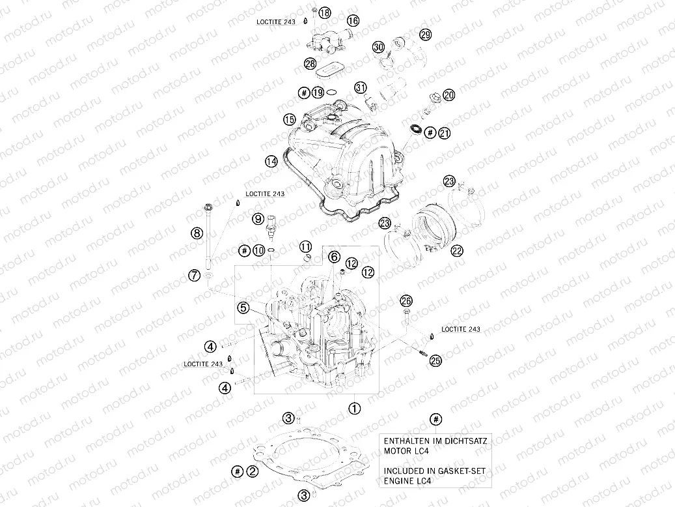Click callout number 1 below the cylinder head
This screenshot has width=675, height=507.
(354, 409)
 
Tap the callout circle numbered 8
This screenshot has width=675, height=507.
(195, 232)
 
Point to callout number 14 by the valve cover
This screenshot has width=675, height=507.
(271, 160)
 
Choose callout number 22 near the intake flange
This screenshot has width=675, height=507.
(456, 250)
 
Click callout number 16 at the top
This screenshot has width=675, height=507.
(352, 21)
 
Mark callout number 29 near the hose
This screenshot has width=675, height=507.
(424, 35)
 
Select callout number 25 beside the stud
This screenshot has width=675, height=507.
(435, 359)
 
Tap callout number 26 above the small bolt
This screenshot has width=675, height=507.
(406, 300)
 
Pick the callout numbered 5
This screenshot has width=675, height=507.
(243, 306)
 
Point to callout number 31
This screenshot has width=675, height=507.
(361, 87)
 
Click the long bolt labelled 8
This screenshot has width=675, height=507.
(210, 241)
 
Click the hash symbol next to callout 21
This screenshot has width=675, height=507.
(429, 133)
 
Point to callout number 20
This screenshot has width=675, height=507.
(448, 95)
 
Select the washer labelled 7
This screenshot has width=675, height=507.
(207, 279)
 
